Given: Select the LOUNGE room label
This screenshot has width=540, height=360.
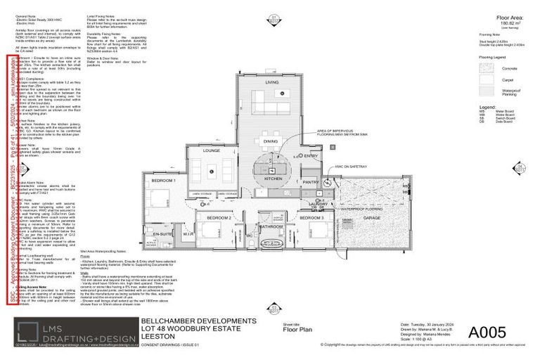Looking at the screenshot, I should click(212, 150).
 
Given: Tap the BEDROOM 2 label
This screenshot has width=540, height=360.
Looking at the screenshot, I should click(219, 219).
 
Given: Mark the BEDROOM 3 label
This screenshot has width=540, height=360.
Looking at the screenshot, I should click(311, 219).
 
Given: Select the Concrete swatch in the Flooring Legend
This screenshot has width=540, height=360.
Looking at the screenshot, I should click(487, 68).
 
